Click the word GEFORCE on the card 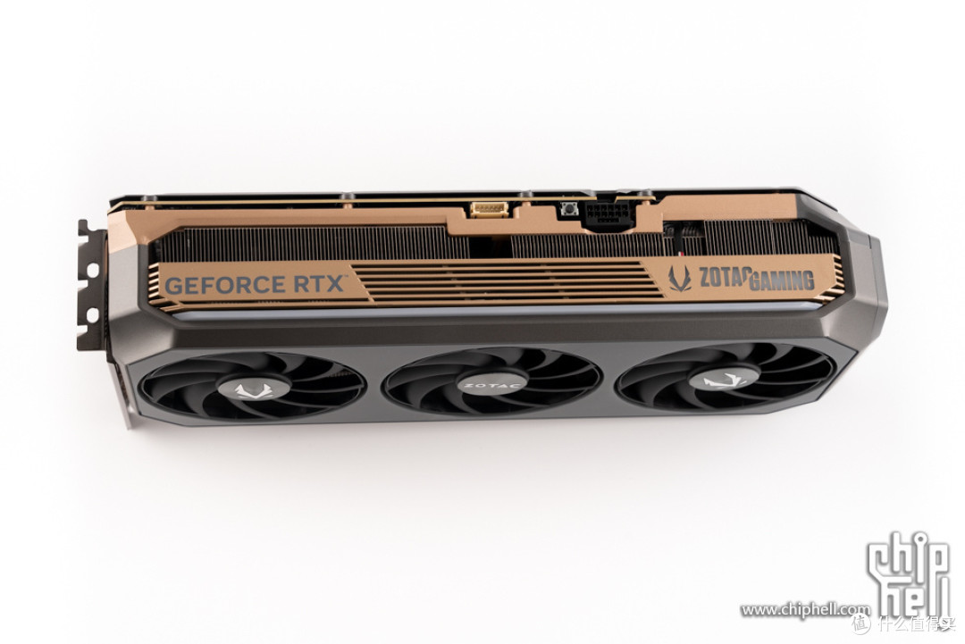point(226,286)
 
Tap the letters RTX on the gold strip point(321,283)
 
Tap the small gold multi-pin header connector point(490,209)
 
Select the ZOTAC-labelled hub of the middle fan point(491,385)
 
